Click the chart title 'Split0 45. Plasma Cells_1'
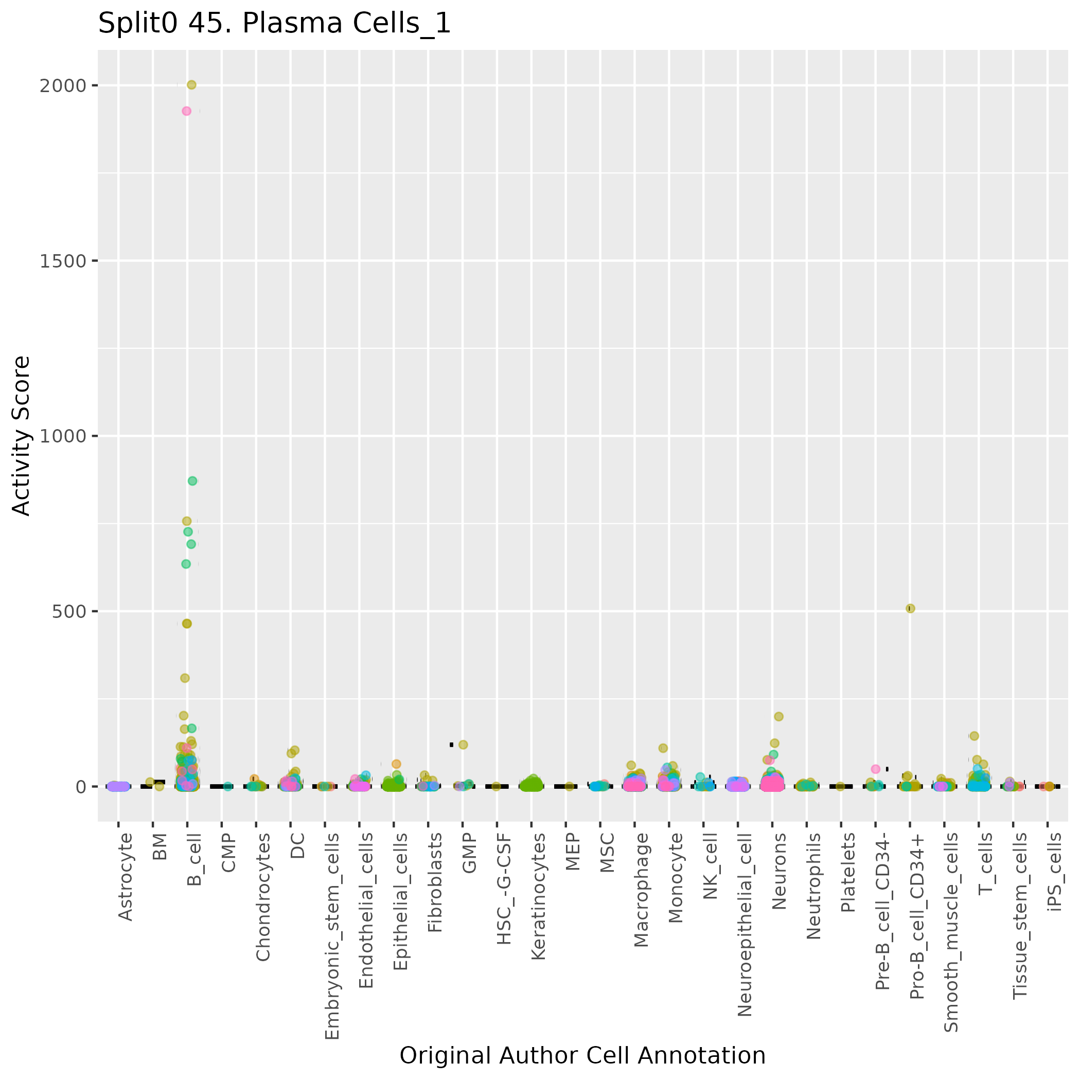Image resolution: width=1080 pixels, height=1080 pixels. pyautogui.click(x=274, y=24)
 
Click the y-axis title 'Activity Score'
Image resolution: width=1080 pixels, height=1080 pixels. pyautogui.click(x=21, y=435)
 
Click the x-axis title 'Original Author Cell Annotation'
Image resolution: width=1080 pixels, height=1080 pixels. pyautogui.click(x=582, y=1055)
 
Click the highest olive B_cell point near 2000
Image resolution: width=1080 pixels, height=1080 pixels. pyautogui.click(x=191, y=85)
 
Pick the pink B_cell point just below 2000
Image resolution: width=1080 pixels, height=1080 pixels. pyautogui.click(x=187, y=111)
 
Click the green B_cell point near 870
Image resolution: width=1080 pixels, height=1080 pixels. pyautogui.click(x=192, y=481)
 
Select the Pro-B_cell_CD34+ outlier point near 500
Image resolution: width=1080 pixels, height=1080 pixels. pyautogui.click(x=910, y=608)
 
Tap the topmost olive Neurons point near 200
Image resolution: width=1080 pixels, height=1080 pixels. pyautogui.click(x=778, y=716)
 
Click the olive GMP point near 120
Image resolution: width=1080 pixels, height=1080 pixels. pyautogui.click(x=463, y=745)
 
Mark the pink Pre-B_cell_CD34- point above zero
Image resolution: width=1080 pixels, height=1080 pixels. pyautogui.click(x=875, y=769)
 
